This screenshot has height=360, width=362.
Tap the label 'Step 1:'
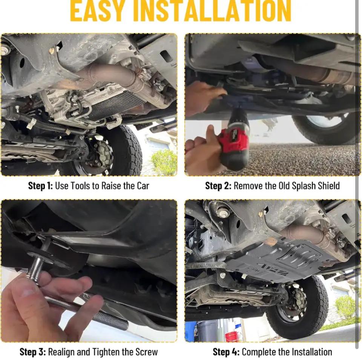click(40, 186)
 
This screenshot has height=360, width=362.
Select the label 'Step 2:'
click(218, 186)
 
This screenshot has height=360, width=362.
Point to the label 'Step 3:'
click(32, 352)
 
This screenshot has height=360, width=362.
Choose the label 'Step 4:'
click(226, 352)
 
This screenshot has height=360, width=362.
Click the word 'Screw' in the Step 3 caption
click(146, 352)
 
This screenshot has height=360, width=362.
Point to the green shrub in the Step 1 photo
click(164, 162)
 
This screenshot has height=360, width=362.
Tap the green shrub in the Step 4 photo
click(345, 307)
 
